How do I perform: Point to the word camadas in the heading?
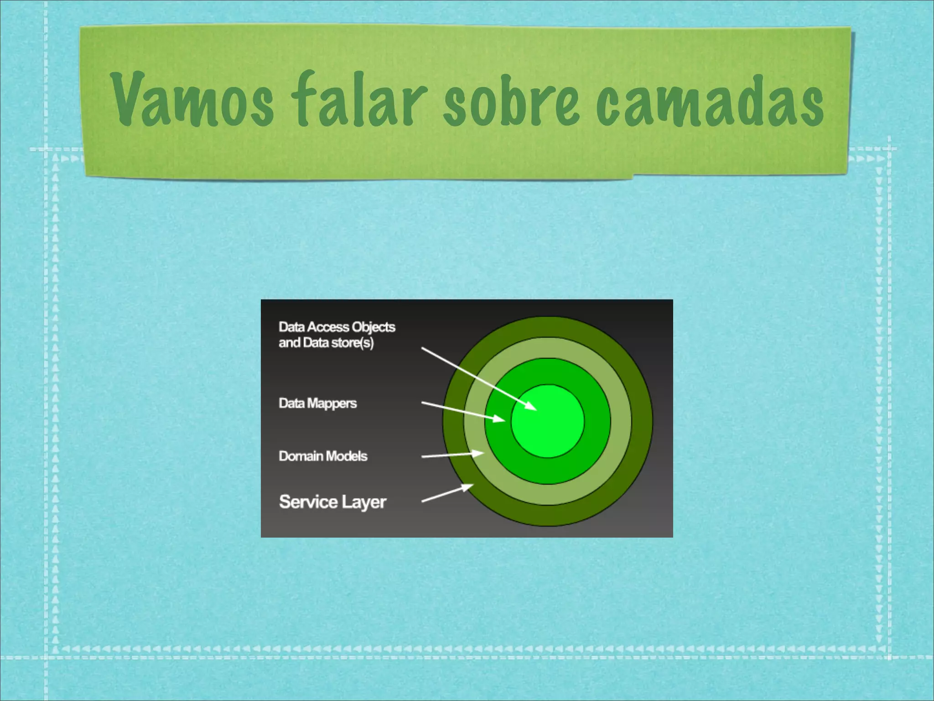pos(710,101)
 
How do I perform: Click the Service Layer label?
pos(332,502)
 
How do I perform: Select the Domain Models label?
pos(323,456)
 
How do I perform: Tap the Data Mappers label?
pos(317,403)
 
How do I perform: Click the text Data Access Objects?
pos(337,327)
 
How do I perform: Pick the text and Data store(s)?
pos(326,343)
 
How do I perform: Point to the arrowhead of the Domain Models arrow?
pos(478,453)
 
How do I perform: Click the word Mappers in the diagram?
pos(332,403)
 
